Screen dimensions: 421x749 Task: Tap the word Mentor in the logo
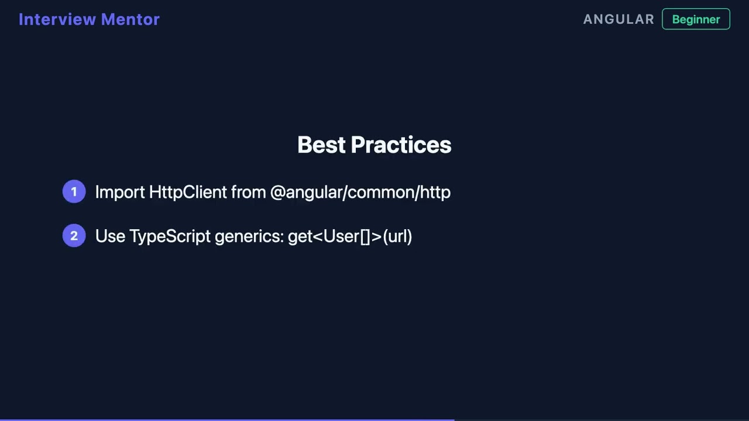130,19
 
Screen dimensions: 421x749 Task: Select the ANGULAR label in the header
619,19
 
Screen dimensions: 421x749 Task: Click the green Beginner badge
696,19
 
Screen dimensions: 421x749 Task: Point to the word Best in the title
321,145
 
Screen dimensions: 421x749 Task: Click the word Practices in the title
401,145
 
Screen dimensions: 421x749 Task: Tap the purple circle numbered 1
74,192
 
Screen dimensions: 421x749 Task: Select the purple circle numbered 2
74,236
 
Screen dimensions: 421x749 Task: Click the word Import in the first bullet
120,192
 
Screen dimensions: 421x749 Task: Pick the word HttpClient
188,192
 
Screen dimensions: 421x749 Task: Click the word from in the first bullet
248,192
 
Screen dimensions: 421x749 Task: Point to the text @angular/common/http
360,192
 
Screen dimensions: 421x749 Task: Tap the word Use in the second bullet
110,236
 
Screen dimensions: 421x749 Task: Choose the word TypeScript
170,236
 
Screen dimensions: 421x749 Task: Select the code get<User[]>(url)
350,236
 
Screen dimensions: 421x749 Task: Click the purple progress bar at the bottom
227,419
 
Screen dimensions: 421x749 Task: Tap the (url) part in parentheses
397,236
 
